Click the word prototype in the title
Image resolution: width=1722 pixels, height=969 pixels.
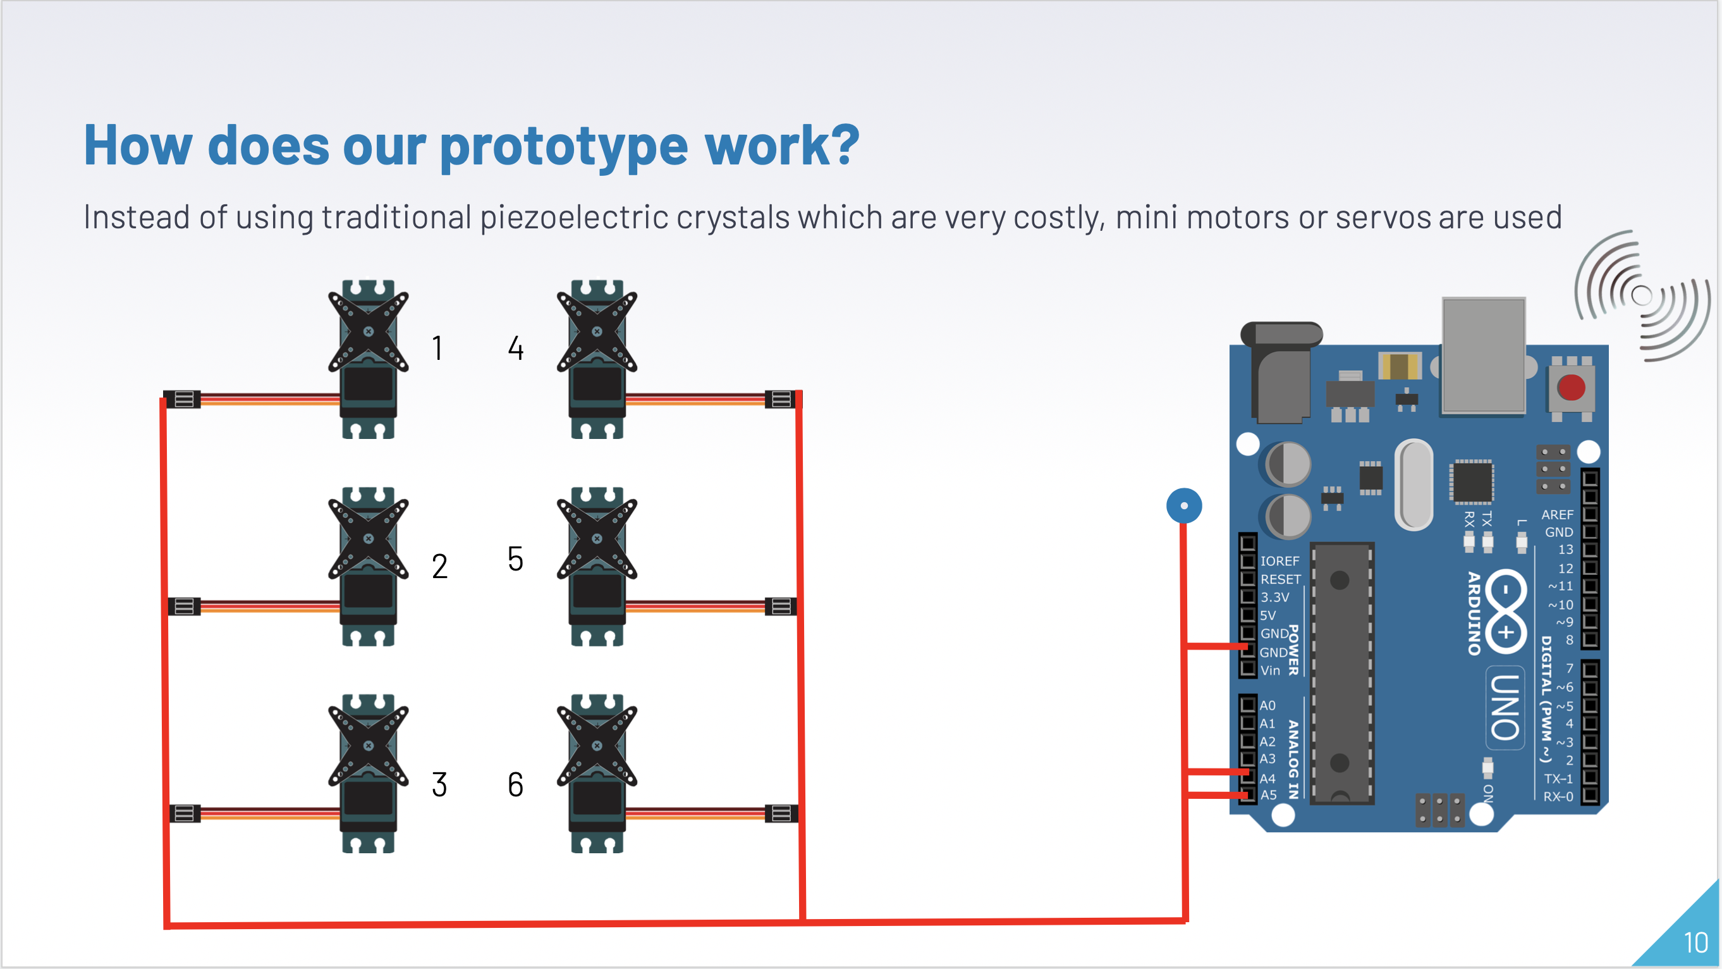563,147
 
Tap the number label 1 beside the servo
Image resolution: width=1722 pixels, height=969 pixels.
437,348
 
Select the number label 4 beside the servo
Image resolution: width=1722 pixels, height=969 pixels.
515,348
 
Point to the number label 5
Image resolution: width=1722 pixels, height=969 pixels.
515,559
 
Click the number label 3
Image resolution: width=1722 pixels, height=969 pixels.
439,784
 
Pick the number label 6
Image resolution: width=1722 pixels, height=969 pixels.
515,784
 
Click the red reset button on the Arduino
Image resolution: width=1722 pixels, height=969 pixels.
1570,387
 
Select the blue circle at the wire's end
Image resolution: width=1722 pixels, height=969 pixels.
1184,505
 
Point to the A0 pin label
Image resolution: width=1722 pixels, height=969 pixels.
1267,705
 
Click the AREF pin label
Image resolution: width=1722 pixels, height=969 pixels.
1557,514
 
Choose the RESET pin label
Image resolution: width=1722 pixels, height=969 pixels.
1280,579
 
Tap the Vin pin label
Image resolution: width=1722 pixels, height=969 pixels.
1270,670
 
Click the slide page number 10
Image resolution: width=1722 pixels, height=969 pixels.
1695,943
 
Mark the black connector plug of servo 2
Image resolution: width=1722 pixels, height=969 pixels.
184,606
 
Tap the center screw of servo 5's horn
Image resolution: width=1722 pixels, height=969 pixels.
597,538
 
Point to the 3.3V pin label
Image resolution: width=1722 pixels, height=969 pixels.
1275,597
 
